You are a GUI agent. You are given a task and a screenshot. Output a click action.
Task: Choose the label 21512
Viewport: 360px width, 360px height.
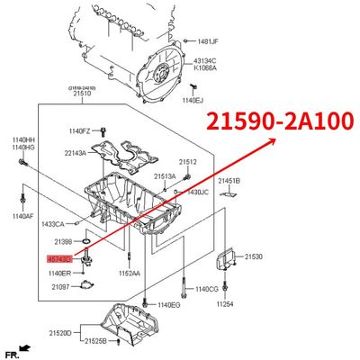pos(187,162)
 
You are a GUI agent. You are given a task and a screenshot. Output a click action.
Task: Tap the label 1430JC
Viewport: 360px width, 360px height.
pos(197,192)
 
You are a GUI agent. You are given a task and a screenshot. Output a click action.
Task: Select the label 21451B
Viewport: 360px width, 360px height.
pos(230,181)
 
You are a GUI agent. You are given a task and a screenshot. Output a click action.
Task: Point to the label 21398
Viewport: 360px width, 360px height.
pos(63,242)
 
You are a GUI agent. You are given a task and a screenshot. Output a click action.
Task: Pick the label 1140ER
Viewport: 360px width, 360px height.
pos(59,273)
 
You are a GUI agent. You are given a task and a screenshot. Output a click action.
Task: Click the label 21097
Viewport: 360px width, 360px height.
pos(61,286)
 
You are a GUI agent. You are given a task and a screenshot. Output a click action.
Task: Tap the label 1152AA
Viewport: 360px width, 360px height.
pos(129,274)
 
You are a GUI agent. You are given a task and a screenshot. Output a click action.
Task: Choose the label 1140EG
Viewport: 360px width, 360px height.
pos(170,305)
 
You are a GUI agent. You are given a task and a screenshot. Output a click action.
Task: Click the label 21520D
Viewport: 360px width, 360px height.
pos(60,332)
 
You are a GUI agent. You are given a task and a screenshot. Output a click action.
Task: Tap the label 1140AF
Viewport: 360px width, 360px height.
pos(22,217)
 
